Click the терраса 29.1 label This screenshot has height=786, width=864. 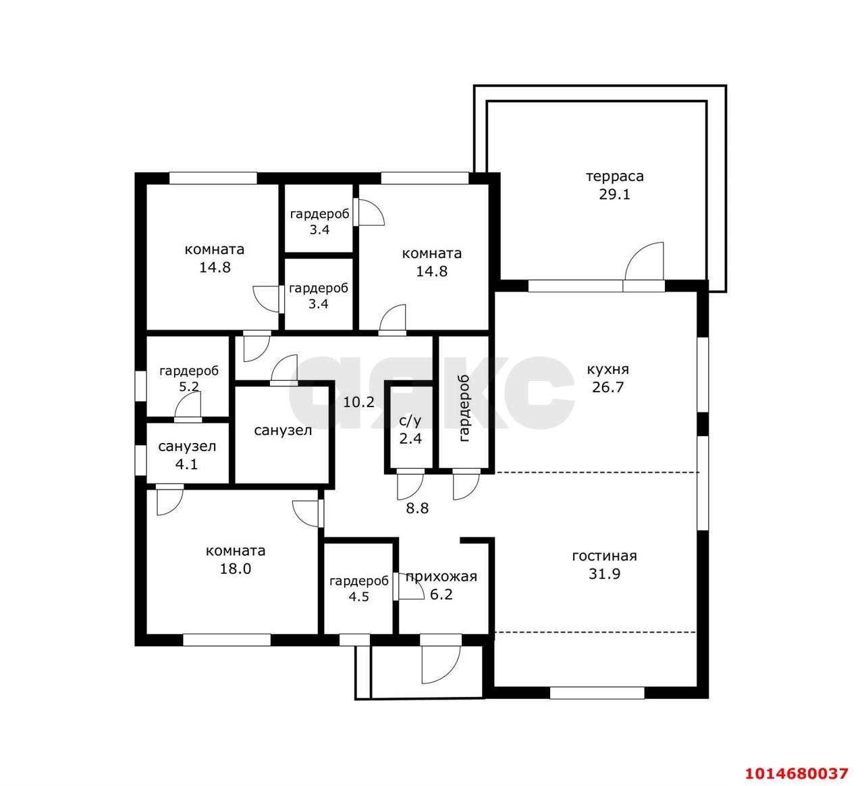click(614, 186)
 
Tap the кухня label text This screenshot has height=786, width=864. click(607, 369)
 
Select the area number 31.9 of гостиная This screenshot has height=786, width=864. click(604, 574)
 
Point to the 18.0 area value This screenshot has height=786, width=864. click(235, 569)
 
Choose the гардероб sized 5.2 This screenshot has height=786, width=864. click(188, 376)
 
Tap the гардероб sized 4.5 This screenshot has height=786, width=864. click(358, 589)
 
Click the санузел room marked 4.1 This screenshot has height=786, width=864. click(188, 453)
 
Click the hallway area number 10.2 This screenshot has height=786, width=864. click(358, 402)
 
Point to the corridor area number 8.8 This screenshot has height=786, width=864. click(417, 508)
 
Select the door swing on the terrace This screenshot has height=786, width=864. click(645, 261)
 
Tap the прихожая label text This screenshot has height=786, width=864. click(441, 577)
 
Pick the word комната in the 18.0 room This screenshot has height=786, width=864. click(235, 551)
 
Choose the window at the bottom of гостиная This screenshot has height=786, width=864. click(597, 693)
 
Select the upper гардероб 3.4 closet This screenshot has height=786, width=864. click(319, 218)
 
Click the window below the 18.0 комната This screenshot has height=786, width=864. click(227, 640)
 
